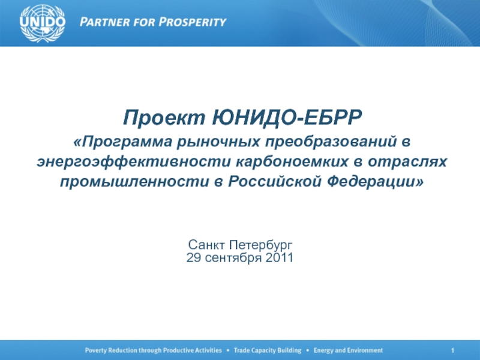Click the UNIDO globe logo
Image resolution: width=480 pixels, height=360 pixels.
pos(42,23)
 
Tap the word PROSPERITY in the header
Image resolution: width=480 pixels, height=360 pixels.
pos(192,22)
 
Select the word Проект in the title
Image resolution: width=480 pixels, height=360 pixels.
pos(164,117)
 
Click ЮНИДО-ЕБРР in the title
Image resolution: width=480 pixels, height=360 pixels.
pos(287,117)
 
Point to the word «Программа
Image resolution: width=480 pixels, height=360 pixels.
pos(123,142)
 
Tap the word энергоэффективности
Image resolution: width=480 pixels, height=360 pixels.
pos(133,162)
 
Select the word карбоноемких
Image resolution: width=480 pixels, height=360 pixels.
pos(292,162)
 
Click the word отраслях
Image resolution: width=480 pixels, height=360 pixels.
pos(407,162)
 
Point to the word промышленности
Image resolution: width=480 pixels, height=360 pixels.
pos(134,182)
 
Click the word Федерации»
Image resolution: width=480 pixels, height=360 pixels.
pos(376,181)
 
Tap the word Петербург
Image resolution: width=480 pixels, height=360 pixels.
pos(261,245)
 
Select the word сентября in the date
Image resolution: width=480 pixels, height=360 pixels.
pos(233,258)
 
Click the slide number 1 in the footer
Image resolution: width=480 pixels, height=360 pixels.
pos(453,350)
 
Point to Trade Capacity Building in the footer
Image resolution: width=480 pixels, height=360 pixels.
pos(268,350)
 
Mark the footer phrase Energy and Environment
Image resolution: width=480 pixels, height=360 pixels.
pos(348,350)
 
